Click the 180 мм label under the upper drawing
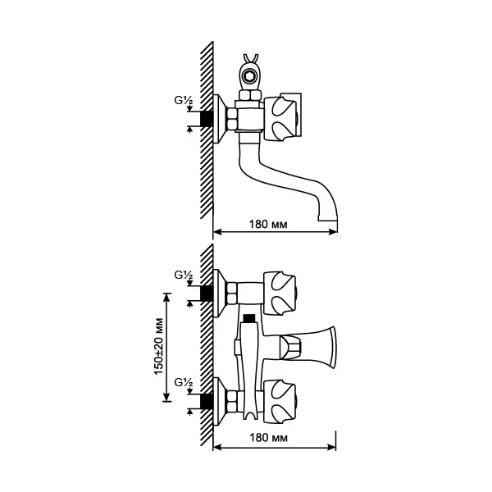[x=268, y=225]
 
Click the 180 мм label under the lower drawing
[x=268, y=438]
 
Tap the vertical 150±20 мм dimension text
[x=159, y=346]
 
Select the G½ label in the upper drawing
[x=184, y=100]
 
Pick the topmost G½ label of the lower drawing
[x=184, y=276]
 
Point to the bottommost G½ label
[x=184, y=383]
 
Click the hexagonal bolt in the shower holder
[x=250, y=75]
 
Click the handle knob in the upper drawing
[x=280, y=119]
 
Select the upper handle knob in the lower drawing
[x=280, y=293]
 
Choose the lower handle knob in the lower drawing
[x=280, y=401]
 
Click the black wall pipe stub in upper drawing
[x=207, y=119]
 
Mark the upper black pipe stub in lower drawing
[x=207, y=294]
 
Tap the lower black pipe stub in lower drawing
[x=207, y=401]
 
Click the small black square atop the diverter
[x=250, y=318]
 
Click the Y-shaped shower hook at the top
[x=251, y=58]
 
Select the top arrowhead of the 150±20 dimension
[x=166, y=297]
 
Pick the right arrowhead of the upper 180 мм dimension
[x=333, y=232]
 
